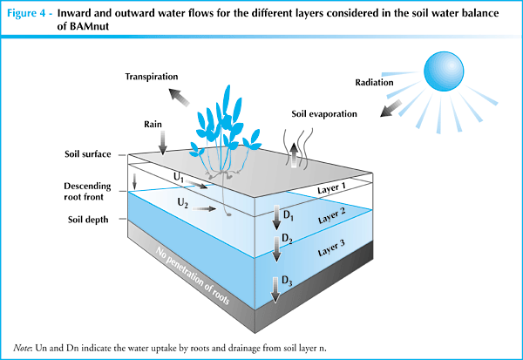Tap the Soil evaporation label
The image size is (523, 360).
point(325,114)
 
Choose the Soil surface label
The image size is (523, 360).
point(88,154)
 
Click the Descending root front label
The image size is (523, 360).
point(89,193)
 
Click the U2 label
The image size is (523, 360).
point(183,202)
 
